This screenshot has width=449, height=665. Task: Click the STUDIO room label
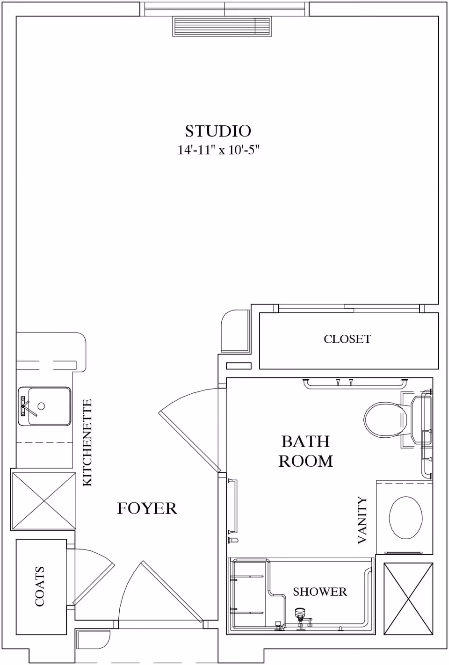[x=218, y=131]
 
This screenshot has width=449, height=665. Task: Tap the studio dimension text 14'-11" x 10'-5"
[x=218, y=150]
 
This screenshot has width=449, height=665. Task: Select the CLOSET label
[x=347, y=339]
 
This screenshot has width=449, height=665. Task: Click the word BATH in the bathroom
[x=305, y=441]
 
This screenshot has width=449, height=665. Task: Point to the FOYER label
[x=147, y=508]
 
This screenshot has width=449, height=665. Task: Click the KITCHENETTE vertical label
[x=87, y=442]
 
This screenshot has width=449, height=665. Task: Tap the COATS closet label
[x=40, y=586]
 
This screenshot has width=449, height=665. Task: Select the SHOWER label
[x=320, y=592]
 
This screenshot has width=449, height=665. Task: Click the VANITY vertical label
[x=362, y=520]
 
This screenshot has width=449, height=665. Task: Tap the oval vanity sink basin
[x=406, y=517]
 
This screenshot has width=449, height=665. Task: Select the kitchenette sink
[x=44, y=406]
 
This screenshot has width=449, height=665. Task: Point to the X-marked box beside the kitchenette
[x=43, y=501]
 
